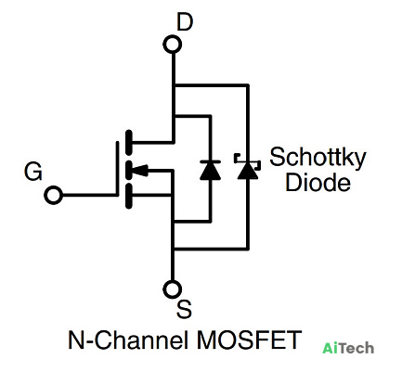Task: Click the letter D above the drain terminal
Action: (185, 22)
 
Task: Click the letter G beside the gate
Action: (33, 172)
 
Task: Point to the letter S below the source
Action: (184, 309)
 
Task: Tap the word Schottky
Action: (318, 158)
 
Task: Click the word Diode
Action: (318, 182)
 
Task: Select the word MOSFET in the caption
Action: (249, 340)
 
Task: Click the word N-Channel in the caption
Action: (128, 340)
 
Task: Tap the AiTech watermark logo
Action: (348, 348)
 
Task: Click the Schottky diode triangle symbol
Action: (248, 171)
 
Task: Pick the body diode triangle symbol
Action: (211, 171)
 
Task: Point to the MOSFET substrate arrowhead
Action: (139, 170)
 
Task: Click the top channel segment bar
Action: (128, 143)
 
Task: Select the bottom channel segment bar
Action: (128, 196)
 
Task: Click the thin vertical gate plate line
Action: (117, 169)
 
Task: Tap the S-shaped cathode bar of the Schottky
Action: (247, 161)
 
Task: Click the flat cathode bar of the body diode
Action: (211, 161)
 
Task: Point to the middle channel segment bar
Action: (128, 170)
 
